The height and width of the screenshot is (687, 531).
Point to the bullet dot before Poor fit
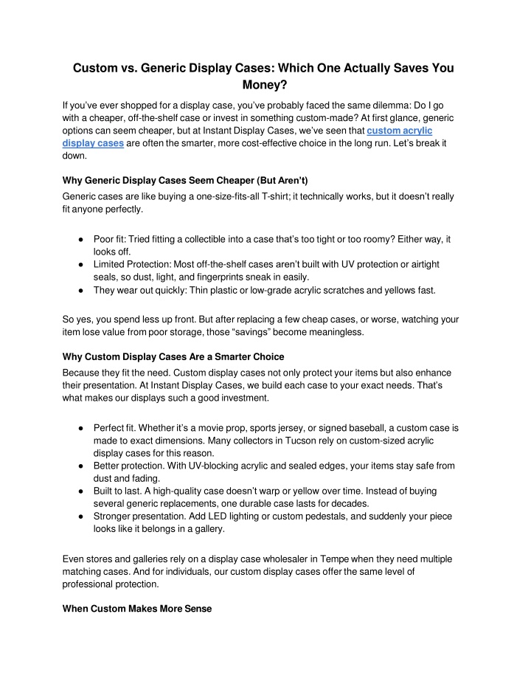click(79, 240)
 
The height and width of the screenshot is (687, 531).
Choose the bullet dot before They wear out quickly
click(79, 290)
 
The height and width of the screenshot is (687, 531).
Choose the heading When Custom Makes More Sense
click(137, 609)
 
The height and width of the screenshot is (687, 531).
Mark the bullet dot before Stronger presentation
click(79, 516)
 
